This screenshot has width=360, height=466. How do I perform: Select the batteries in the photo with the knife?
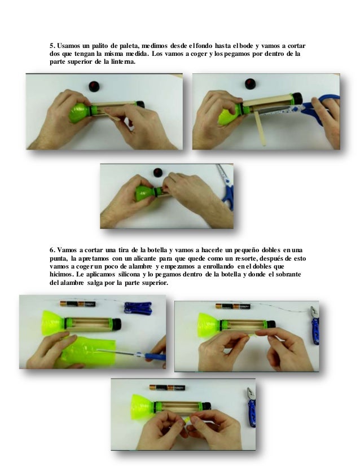[78, 304]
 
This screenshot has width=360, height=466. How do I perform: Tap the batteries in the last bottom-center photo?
[167, 388]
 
